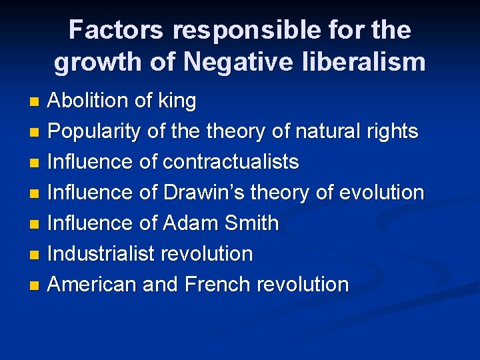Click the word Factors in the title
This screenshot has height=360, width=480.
tap(115, 30)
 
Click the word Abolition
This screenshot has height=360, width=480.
tap(89, 101)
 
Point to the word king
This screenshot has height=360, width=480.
tap(177, 101)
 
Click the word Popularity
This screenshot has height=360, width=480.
tap(95, 132)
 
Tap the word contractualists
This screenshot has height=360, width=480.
tap(231, 162)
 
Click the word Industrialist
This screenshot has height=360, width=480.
tap(101, 254)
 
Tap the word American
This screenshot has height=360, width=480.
tap(93, 285)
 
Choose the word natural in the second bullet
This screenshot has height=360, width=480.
tap(319, 132)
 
